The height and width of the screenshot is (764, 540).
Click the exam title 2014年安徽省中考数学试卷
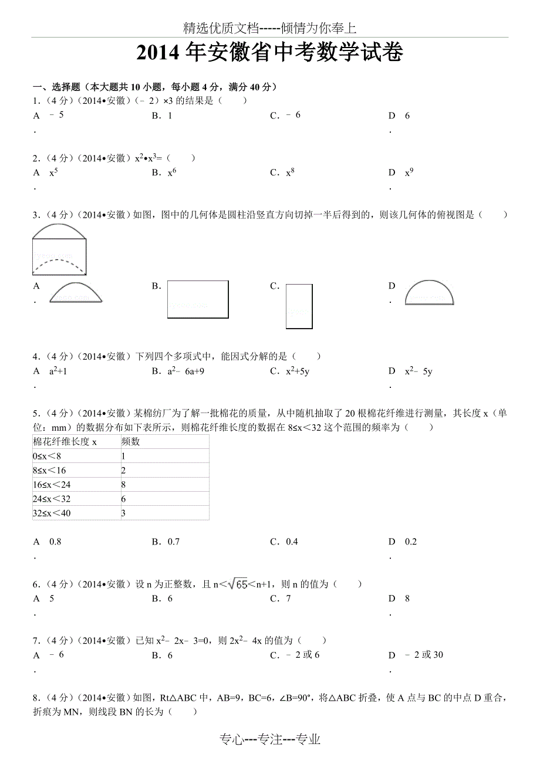(x=269, y=53)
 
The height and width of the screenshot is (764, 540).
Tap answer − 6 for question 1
(x=293, y=115)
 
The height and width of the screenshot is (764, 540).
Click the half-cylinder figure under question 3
(x=59, y=249)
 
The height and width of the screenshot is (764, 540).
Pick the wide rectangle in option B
(x=198, y=299)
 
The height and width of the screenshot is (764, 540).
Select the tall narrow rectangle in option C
(x=299, y=306)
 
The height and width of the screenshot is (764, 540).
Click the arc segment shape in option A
(x=76, y=292)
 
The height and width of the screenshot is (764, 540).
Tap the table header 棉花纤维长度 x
(x=65, y=442)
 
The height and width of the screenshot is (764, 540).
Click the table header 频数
(x=130, y=442)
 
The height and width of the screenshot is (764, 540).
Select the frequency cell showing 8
(x=124, y=485)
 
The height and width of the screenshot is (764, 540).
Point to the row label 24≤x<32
(x=52, y=499)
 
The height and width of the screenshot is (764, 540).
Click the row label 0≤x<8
(x=47, y=456)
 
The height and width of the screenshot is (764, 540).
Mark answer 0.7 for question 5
(x=174, y=542)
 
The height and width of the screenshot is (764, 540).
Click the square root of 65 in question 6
(x=238, y=584)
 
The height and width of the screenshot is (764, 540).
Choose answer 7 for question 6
(x=288, y=599)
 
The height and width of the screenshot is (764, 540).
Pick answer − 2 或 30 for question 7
(x=424, y=655)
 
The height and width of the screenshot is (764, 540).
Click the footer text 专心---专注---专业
(x=270, y=740)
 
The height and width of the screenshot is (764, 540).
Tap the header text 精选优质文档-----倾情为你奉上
(x=269, y=28)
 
